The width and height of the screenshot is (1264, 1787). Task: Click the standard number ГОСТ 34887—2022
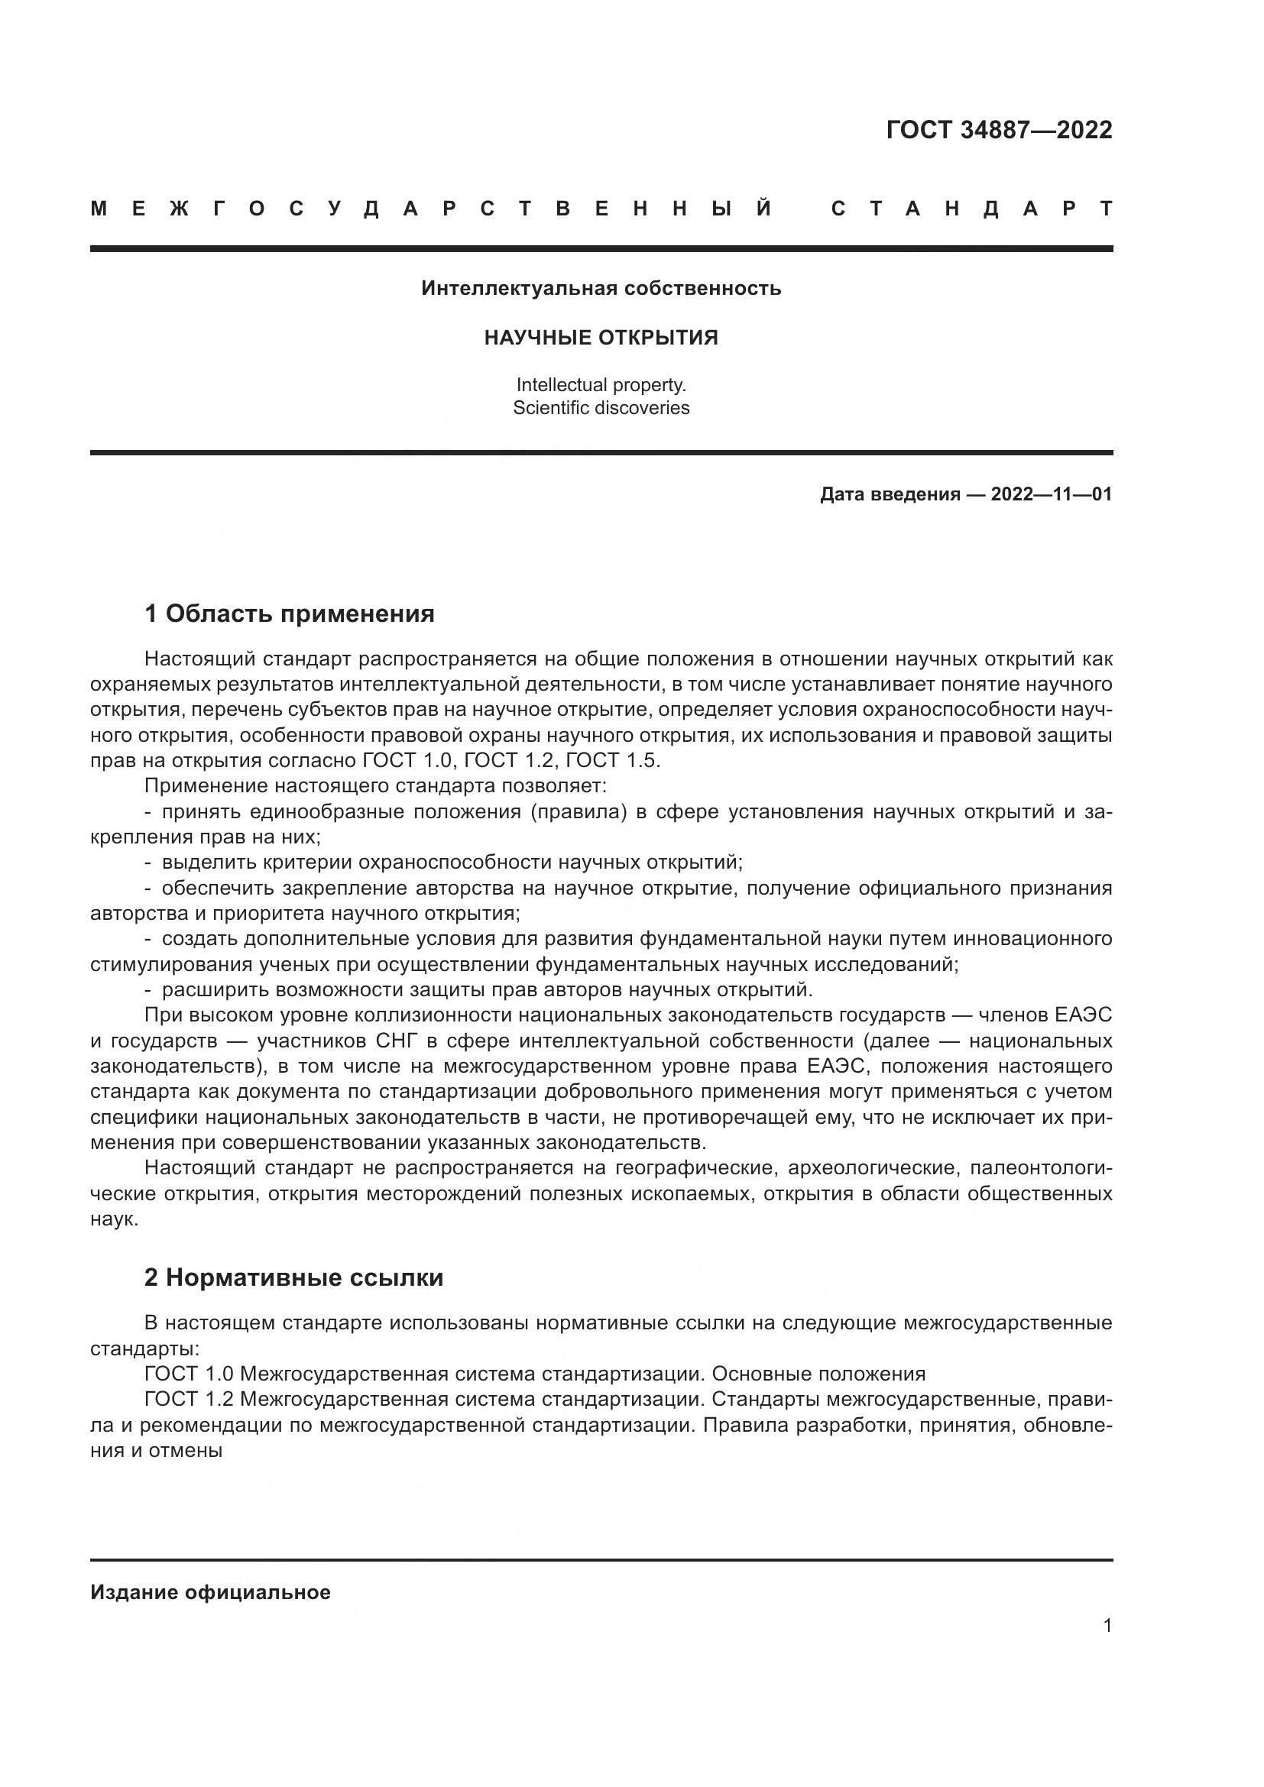coord(999,130)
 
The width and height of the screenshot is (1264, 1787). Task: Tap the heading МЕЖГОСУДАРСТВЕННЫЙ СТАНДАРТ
coord(601,209)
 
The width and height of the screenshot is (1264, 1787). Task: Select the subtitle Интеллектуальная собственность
coord(601,289)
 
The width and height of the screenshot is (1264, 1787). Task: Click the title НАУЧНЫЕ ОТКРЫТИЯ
coord(601,338)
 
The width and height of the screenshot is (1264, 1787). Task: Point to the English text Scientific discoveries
coord(601,408)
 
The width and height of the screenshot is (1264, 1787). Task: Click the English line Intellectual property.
coord(601,384)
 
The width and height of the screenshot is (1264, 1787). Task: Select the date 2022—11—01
coord(1051,494)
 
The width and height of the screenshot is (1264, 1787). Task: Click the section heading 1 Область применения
coord(290,614)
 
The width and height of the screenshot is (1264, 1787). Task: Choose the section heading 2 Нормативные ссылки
coord(293,1278)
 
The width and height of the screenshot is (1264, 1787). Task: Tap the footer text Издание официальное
coord(210,1592)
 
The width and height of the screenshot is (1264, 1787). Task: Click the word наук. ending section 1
coord(115,1219)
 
